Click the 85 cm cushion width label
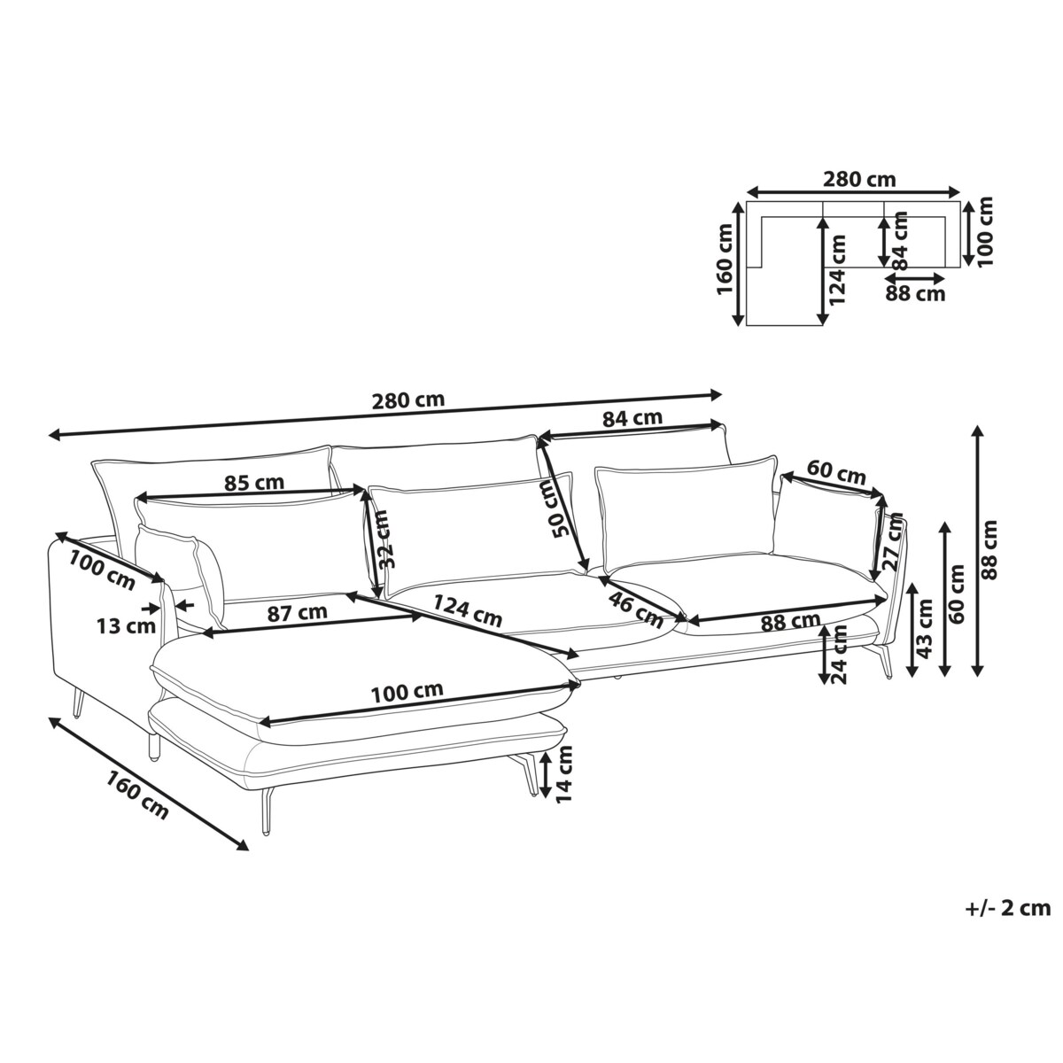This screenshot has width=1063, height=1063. (253, 484)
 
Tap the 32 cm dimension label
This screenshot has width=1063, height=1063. (383, 539)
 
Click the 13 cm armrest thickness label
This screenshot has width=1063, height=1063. (127, 626)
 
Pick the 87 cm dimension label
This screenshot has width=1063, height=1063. (298, 612)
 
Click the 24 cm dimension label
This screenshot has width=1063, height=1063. (839, 654)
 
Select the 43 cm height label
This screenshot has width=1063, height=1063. (923, 629)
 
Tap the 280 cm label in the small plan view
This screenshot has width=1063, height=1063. (859, 179)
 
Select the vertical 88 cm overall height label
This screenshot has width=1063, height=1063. (991, 549)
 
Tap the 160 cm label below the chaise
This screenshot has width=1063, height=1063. (136, 795)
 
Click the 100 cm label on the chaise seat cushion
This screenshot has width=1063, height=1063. (407, 692)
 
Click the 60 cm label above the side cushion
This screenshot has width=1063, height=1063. (836, 473)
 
